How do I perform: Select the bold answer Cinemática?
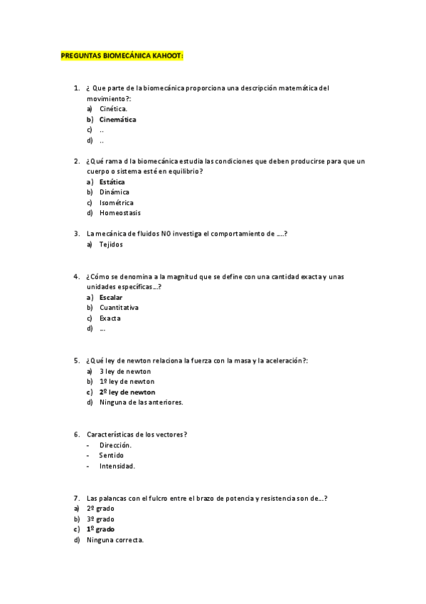pos(118,120)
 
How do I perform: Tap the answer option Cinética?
pos(114,109)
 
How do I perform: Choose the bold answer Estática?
pos(112,182)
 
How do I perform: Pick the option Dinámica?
pos(115,192)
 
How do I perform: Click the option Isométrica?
pos(117,202)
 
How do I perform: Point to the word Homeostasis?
pos(120,213)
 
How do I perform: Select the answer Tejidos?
pos(112,244)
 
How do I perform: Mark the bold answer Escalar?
pos(111,296)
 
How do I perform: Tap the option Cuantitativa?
pos(119,307)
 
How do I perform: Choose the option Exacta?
pos(110,318)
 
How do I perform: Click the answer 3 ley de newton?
pos(125,371)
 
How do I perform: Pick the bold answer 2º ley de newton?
pos(127,392)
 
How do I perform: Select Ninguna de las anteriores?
pos(142,402)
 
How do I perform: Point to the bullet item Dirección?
pos(115,444)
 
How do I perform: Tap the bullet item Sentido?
pos(112,455)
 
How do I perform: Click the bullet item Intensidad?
pos(117,466)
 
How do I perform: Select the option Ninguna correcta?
pos(115,540)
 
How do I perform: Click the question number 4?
pos(76,276)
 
